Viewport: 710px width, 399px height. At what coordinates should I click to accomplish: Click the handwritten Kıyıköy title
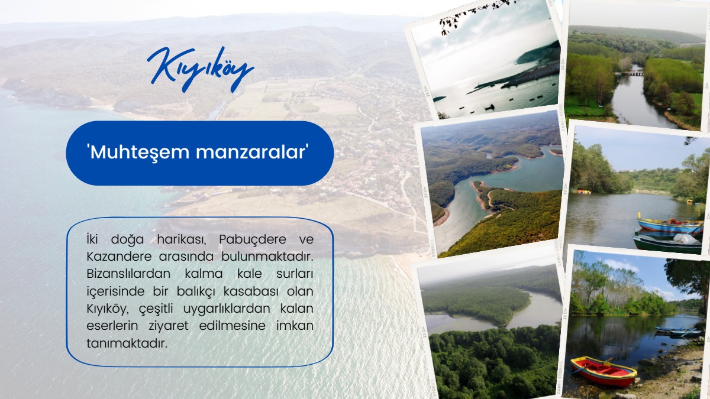pos(201,70)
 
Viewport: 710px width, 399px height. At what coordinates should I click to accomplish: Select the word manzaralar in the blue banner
pos(251,153)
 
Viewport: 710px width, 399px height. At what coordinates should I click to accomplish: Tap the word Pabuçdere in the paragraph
pos(253,239)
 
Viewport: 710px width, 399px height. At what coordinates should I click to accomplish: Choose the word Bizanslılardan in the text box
pos(128,274)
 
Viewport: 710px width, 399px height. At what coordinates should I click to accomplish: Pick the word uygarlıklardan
pos(227,309)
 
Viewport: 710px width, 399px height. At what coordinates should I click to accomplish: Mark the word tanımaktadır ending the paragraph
pos(127,343)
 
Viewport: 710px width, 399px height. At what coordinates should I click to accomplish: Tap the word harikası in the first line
pos(182,239)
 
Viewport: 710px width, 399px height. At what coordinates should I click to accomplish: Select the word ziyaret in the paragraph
pos(168,326)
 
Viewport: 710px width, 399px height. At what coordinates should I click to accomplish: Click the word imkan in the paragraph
pos(295,326)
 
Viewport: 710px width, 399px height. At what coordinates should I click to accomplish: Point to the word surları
pos(295,274)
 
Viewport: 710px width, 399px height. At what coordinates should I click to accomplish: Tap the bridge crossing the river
pos(631,74)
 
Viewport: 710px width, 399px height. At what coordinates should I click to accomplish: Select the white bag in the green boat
pos(685,238)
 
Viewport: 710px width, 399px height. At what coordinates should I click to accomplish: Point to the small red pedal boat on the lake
pos(584,192)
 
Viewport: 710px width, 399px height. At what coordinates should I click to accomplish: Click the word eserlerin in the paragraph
pos(112,326)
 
